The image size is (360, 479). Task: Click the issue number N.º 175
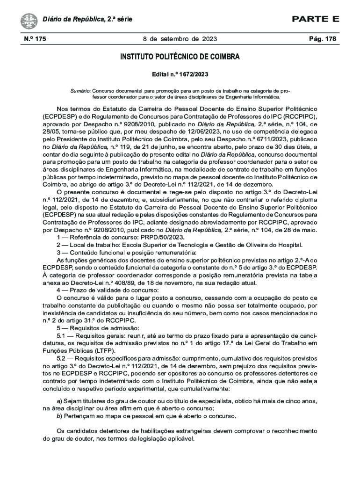[x=35, y=39]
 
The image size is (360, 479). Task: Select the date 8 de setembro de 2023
[x=180, y=39]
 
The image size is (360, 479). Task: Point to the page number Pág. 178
[x=323, y=39]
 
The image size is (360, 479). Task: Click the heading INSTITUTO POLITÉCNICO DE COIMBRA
[x=180, y=57]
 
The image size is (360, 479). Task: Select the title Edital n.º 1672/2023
[x=180, y=74]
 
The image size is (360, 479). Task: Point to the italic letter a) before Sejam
[x=59, y=401]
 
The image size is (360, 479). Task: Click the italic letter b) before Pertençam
[x=59, y=416]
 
